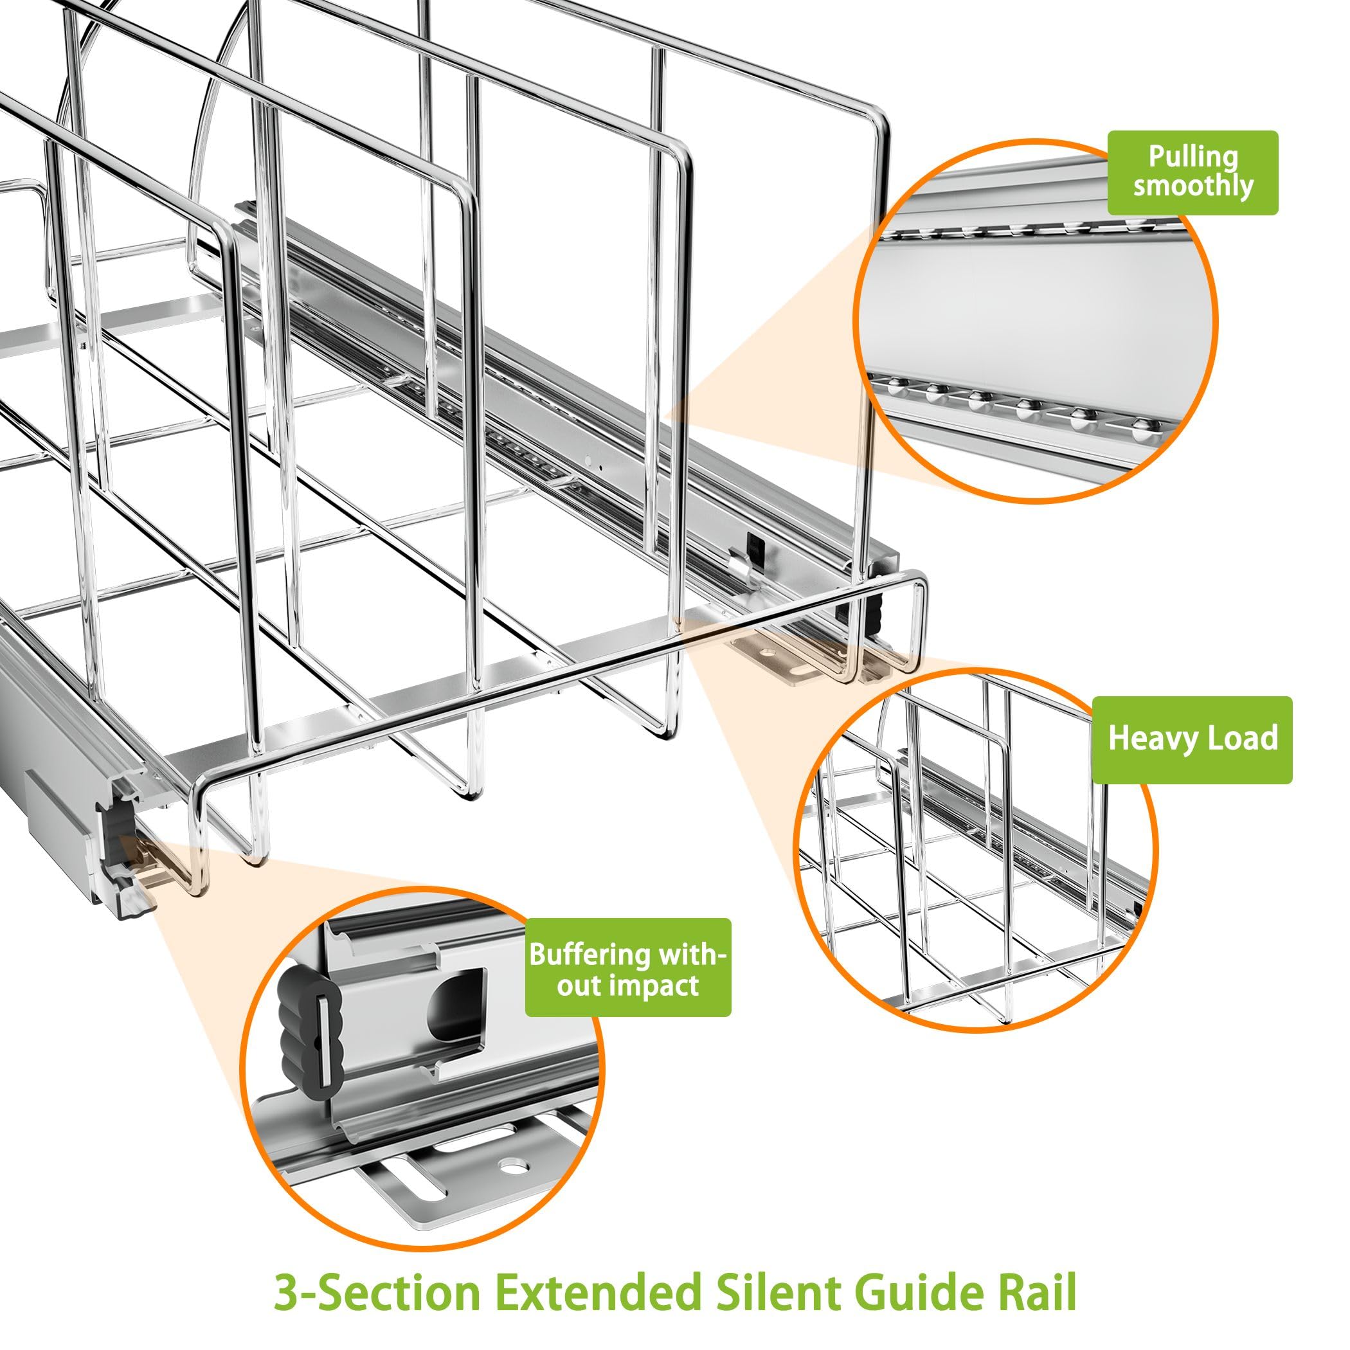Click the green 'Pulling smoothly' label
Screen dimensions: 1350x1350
1192,172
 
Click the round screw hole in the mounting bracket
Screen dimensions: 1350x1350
515,1167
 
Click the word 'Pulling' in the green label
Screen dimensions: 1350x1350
1192,158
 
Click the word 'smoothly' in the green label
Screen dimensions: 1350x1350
1192,186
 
